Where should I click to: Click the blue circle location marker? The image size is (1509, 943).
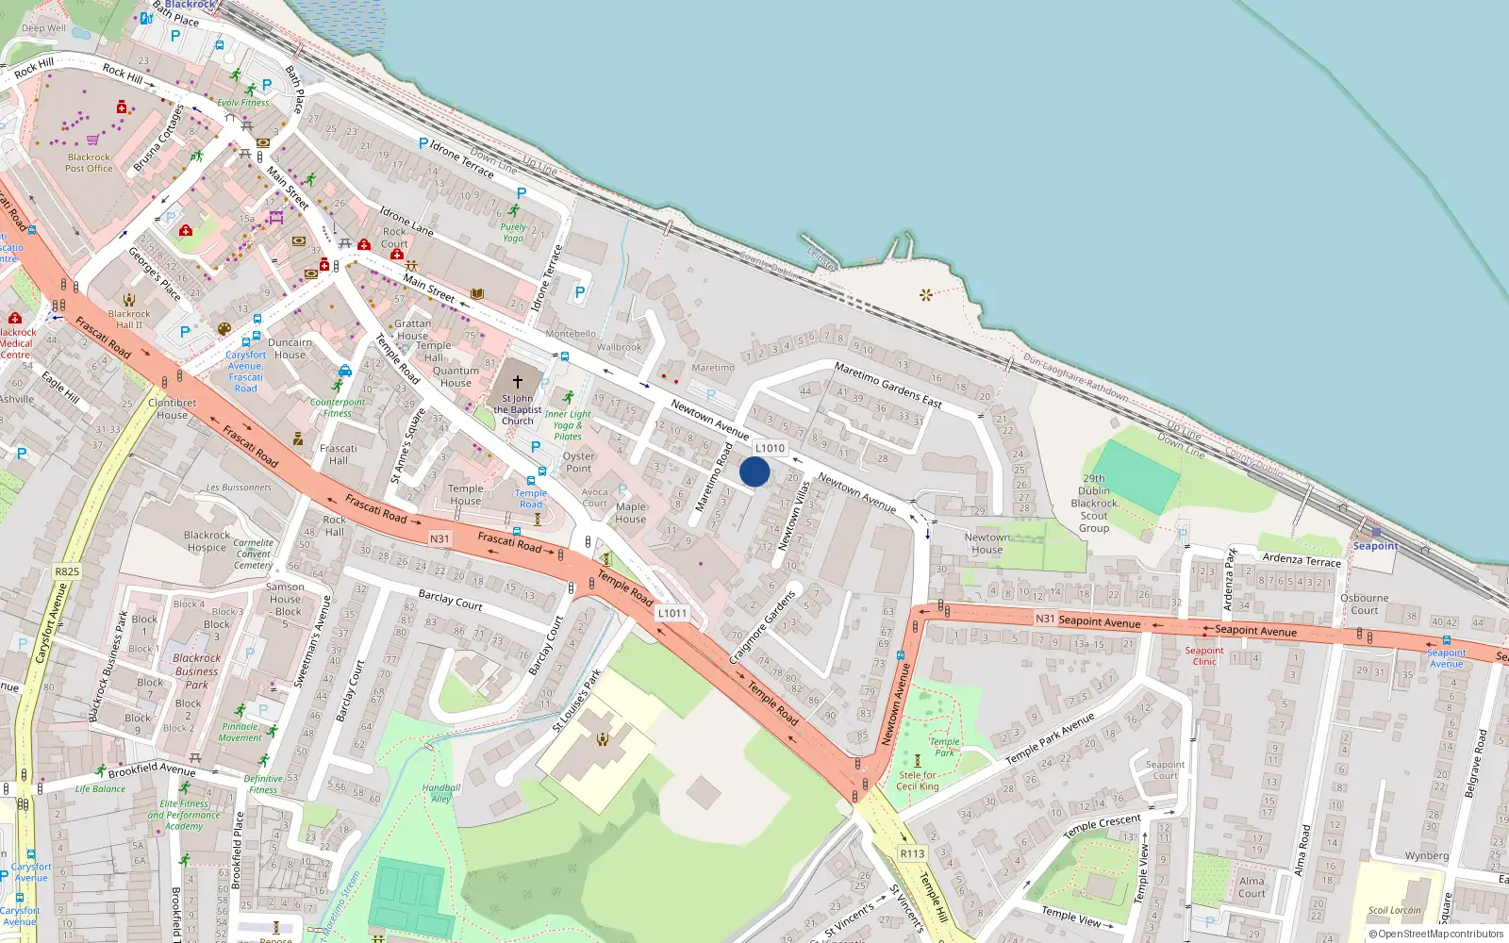click(754, 471)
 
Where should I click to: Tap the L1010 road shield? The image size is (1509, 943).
click(771, 448)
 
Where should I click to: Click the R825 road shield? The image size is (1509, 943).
click(67, 571)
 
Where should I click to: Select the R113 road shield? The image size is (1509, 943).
click(912, 853)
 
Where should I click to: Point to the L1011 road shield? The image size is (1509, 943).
click(672, 613)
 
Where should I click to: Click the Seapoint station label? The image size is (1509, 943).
click(1375, 546)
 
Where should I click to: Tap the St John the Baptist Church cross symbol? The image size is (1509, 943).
click(517, 382)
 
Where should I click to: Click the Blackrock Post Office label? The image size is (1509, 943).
click(89, 163)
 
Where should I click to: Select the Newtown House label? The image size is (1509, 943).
click(987, 543)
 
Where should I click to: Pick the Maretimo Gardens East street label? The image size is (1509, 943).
click(887, 385)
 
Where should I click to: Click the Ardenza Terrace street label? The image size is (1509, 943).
click(1302, 559)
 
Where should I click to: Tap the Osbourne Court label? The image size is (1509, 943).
click(1364, 604)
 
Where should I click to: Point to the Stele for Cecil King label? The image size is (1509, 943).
click(917, 781)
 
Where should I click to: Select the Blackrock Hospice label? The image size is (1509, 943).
click(207, 541)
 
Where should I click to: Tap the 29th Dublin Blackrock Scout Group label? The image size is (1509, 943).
click(1094, 503)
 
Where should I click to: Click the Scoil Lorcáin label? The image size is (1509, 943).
click(1395, 910)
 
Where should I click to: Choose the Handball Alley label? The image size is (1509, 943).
click(441, 793)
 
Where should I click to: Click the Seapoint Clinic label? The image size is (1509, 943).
click(1204, 655)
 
